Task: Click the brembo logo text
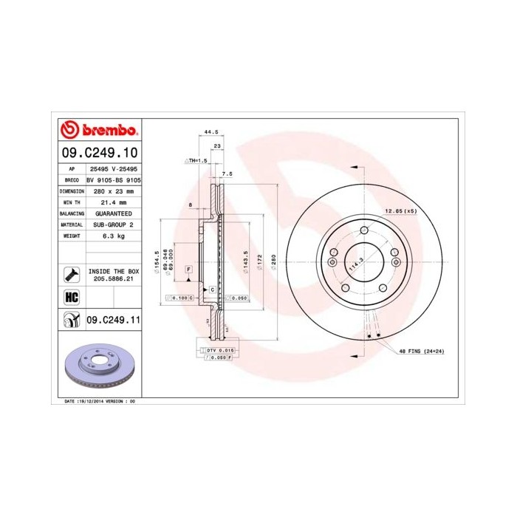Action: point(105,131)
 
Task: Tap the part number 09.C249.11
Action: point(113,320)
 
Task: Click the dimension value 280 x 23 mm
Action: point(112,191)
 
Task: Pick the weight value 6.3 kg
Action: point(112,236)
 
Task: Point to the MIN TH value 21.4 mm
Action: point(112,202)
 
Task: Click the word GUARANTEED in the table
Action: point(112,213)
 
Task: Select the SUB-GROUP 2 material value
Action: point(112,225)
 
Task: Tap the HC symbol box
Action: point(72,297)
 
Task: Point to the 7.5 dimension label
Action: point(227,174)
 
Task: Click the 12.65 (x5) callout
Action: point(400,211)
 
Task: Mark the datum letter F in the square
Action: point(188,269)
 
